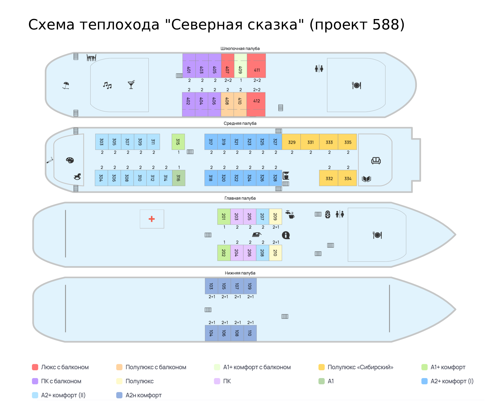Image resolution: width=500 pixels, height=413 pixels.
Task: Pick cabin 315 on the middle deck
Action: [178, 142]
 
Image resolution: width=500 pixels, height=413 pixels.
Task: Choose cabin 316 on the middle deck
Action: [179, 178]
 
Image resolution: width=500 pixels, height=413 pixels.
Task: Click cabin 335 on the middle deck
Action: [348, 142]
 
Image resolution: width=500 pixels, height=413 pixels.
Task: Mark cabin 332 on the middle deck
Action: [329, 178]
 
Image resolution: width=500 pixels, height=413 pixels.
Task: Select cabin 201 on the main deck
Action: [224, 216]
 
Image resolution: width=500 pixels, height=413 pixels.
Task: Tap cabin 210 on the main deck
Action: [275, 253]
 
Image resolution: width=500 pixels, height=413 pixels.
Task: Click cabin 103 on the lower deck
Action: [211, 286]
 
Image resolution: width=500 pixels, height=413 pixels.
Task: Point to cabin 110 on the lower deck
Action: [250, 333]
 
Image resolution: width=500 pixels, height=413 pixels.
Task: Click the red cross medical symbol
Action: [152, 219]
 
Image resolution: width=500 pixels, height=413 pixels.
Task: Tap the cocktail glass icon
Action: [131, 85]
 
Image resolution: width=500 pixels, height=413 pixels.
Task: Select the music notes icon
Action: [107, 85]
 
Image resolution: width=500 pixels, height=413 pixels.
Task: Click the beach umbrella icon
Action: [66, 85]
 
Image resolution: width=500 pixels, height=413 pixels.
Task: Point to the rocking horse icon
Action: [77, 177]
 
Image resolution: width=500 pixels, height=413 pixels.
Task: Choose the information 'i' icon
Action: [286, 235]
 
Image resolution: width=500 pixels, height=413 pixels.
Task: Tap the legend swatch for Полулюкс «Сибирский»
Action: [322, 367]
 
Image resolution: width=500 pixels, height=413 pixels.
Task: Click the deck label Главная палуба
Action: [240, 198]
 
